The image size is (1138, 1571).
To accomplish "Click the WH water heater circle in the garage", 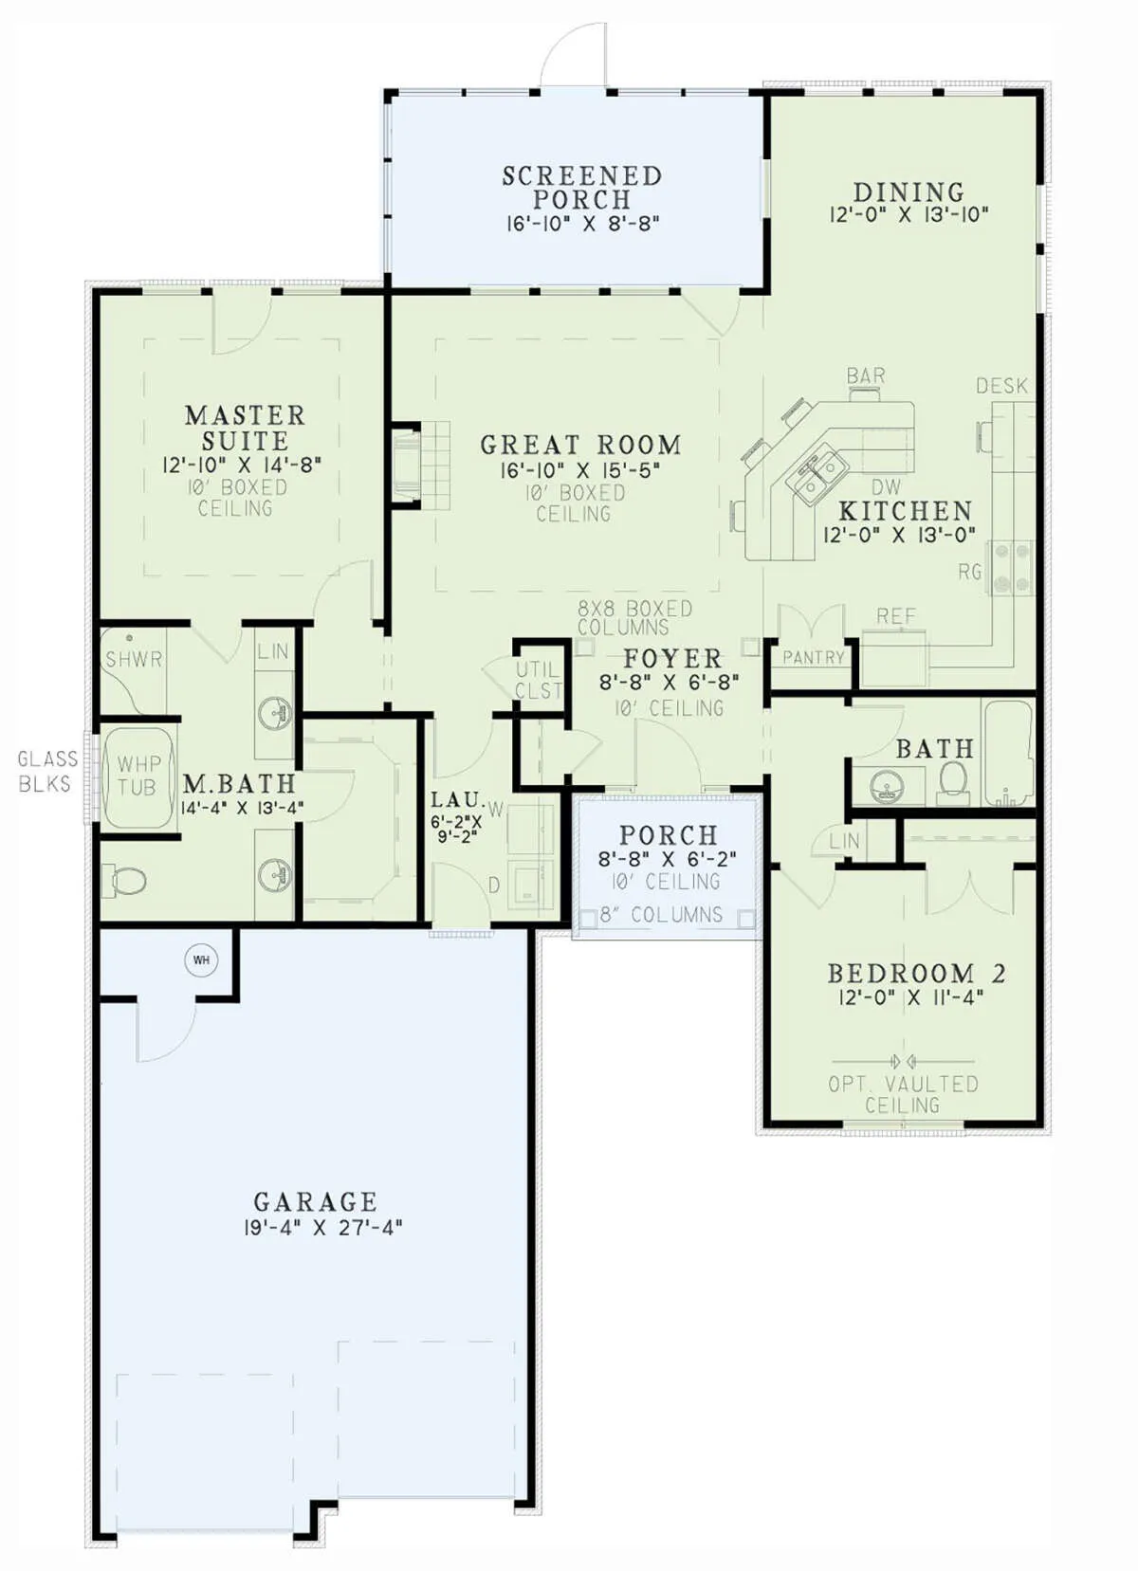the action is pos(201,959).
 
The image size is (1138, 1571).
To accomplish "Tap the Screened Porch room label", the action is pos(581,188).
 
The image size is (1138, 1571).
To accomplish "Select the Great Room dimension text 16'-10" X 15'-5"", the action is pos(580,470).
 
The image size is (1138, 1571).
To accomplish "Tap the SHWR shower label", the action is pos(134,659).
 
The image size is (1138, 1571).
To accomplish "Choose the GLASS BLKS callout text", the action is pos(47,771).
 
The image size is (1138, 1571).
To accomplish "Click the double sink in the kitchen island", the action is pos(816,476).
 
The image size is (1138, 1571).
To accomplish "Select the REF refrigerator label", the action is pos(896,615).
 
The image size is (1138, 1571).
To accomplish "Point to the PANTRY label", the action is pos(813,657).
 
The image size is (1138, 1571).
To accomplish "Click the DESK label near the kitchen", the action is pos(1001,385).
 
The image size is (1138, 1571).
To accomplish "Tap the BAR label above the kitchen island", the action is pos(866,375).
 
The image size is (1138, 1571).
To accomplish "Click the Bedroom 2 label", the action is pos(916,974).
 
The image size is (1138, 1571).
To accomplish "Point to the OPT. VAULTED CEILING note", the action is pos(903,1094).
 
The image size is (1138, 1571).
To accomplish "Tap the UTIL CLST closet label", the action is pos(538,680).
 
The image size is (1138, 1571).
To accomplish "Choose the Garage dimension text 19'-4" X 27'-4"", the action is pos(322,1228).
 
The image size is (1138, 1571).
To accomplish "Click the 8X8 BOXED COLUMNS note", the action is pos(635,617).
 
